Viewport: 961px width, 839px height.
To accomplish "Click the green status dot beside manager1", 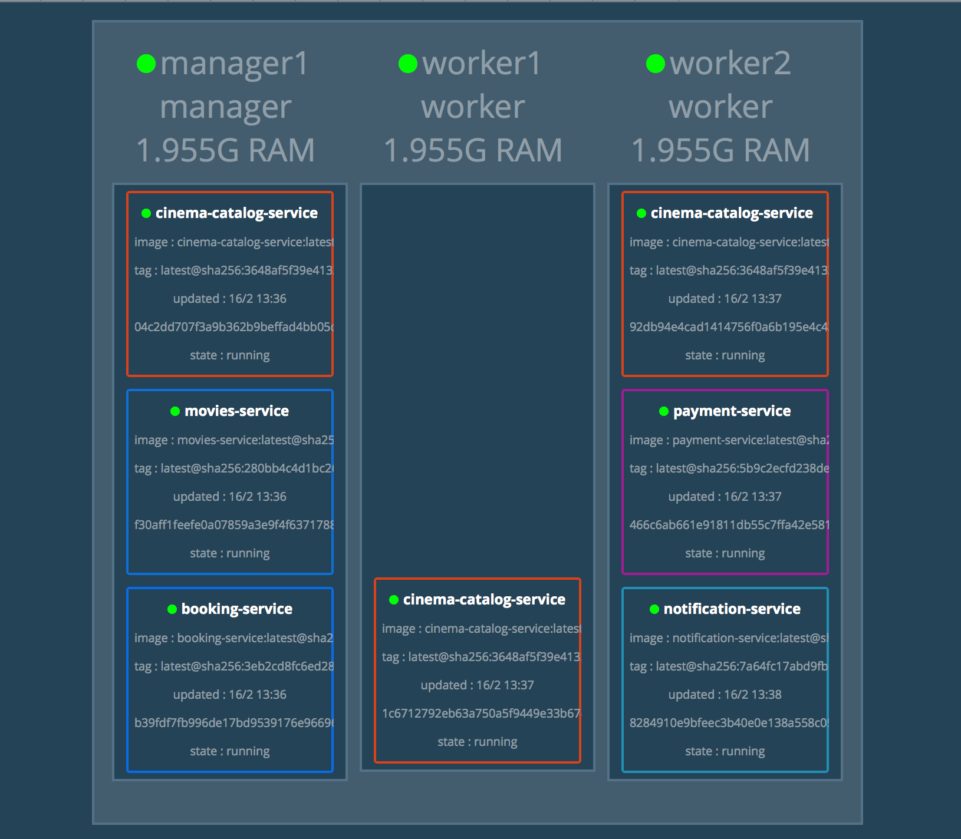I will (146, 64).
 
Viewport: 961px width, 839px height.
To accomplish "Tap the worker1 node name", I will (481, 64).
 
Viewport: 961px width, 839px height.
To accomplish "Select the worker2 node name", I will (730, 64).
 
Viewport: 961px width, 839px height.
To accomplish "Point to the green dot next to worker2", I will (656, 64).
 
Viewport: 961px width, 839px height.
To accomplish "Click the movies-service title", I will (236, 411).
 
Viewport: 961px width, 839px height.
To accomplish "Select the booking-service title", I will (236, 609).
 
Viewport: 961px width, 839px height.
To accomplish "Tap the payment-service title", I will (732, 411).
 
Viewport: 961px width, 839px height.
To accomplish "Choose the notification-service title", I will (732, 609).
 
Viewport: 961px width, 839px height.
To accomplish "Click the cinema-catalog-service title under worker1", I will (484, 599).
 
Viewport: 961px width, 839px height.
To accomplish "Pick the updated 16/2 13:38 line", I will (725, 695).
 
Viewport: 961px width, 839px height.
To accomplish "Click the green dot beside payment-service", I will (664, 411).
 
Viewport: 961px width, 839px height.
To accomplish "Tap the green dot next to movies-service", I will (175, 411).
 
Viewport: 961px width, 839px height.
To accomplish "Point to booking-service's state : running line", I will (230, 751).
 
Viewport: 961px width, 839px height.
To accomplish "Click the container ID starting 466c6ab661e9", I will (729, 525).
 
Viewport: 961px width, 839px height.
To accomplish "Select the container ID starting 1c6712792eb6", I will (481, 714).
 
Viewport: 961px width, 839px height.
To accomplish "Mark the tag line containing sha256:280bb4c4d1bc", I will (233, 468).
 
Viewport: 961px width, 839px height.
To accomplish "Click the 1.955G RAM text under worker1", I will (473, 150).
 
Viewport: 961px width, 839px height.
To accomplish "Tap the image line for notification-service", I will (729, 638).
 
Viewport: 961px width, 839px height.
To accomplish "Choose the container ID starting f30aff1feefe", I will (233, 525).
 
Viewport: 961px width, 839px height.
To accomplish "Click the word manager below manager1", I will (226, 107).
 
